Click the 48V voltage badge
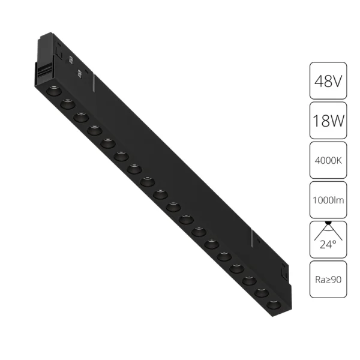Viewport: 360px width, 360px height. [328, 80]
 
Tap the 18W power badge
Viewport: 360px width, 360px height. [328, 122]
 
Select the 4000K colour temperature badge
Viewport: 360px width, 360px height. [328, 161]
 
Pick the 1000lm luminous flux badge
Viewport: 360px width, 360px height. [328, 200]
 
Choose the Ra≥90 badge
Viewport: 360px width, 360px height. [328, 279]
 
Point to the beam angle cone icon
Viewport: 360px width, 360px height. [328, 230]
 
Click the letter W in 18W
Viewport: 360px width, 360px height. [338, 122]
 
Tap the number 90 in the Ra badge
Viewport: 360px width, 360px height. [335, 279]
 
